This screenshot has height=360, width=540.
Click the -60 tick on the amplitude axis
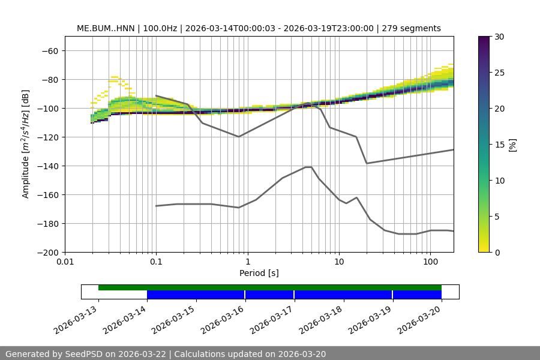(50, 50)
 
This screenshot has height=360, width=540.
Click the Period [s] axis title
(259, 273)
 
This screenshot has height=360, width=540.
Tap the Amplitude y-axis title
(26, 144)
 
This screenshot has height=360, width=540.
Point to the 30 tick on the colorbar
(500, 37)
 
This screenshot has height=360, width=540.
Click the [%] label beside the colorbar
(512, 144)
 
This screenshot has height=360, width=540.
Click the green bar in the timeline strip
(270, 287)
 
